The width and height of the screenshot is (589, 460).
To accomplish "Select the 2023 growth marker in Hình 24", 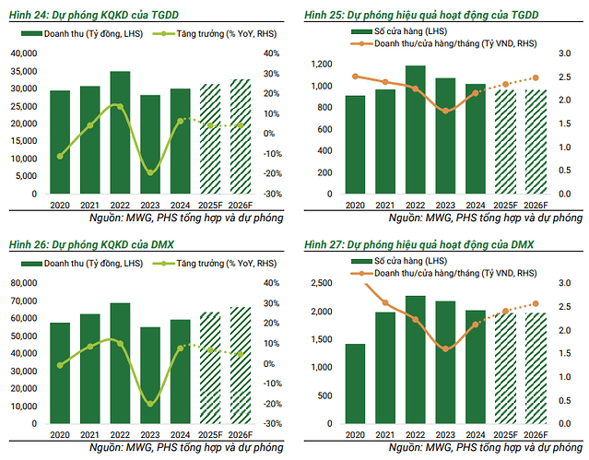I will point(150,172).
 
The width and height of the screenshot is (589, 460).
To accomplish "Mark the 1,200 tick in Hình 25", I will point(320,64).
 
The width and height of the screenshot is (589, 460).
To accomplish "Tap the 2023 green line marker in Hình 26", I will point(150,403).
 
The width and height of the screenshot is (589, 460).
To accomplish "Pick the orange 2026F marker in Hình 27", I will point(536,303).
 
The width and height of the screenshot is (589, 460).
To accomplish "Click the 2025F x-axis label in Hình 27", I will point(506,435).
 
